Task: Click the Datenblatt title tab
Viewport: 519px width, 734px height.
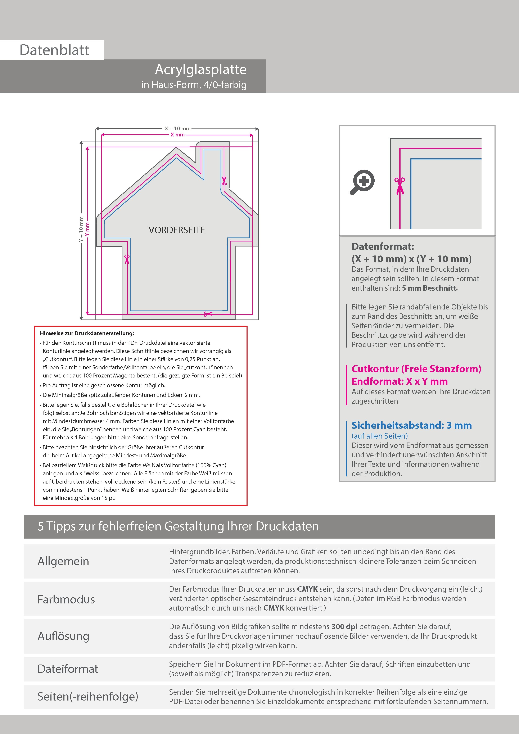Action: point(54,50)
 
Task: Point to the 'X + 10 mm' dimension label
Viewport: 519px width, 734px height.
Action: point(177,128)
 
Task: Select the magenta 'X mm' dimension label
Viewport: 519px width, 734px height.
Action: point(177,135)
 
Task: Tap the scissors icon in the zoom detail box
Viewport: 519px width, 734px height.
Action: point(400,185)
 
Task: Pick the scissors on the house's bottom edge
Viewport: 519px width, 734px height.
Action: point(208,314)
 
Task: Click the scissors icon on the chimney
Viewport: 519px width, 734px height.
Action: point(224,181)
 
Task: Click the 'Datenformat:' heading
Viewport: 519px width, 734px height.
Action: point(383,246)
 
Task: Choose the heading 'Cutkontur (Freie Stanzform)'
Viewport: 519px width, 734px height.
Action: point(416,369)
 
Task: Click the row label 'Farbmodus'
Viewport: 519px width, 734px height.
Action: point(66,599)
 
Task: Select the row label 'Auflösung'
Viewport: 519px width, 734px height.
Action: point(63,636)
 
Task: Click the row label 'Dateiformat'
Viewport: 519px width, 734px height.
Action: point(68,669)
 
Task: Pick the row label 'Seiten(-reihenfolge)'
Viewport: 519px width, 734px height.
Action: point(88,697)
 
